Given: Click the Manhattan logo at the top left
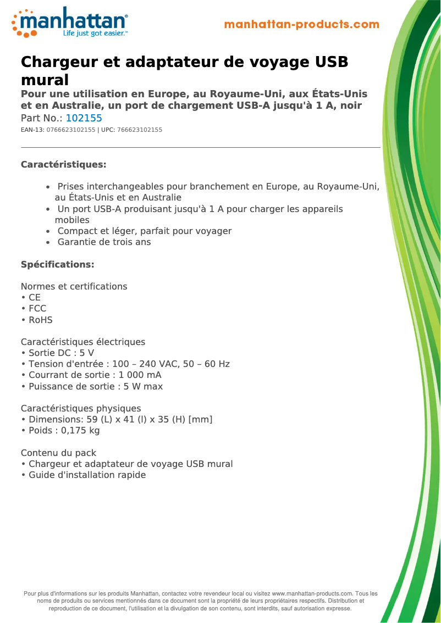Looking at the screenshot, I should (70, 23).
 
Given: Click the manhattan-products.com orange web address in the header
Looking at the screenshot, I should (301, 24).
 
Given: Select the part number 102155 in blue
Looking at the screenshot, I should (84, 118).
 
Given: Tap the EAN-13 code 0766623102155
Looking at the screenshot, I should (71, 130).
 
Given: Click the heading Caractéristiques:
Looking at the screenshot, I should (63, 165).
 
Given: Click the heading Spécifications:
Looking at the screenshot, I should (57, 265).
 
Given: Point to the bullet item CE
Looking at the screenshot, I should (35, 298).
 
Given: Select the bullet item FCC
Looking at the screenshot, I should (37, 309).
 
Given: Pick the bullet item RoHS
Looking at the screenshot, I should (41, 320).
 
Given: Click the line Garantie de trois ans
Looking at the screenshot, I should (104, 242).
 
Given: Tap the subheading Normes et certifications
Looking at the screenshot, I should (74, 287).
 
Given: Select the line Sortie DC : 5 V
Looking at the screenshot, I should (60, 353).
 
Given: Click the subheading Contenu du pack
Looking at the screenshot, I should (58, 453).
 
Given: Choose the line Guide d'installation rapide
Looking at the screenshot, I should (87, 475).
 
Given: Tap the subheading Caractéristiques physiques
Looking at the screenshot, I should (81, 409).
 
